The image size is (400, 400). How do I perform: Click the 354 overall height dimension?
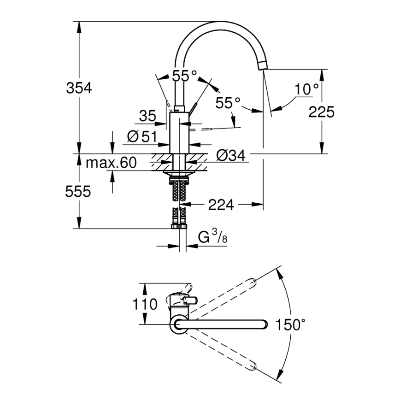(79, 88)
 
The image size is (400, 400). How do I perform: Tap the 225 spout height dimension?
(321, 111)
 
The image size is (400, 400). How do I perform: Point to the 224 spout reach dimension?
(221, 205)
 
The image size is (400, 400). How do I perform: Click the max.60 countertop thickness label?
(112, 163)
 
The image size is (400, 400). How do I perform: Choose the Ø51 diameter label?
(142, 136)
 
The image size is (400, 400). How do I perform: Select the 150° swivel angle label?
(290, 325)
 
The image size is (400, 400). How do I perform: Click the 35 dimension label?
(147, 116)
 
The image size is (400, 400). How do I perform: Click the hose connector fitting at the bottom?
(179, 226)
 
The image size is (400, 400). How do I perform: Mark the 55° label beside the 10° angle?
(229, 103)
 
